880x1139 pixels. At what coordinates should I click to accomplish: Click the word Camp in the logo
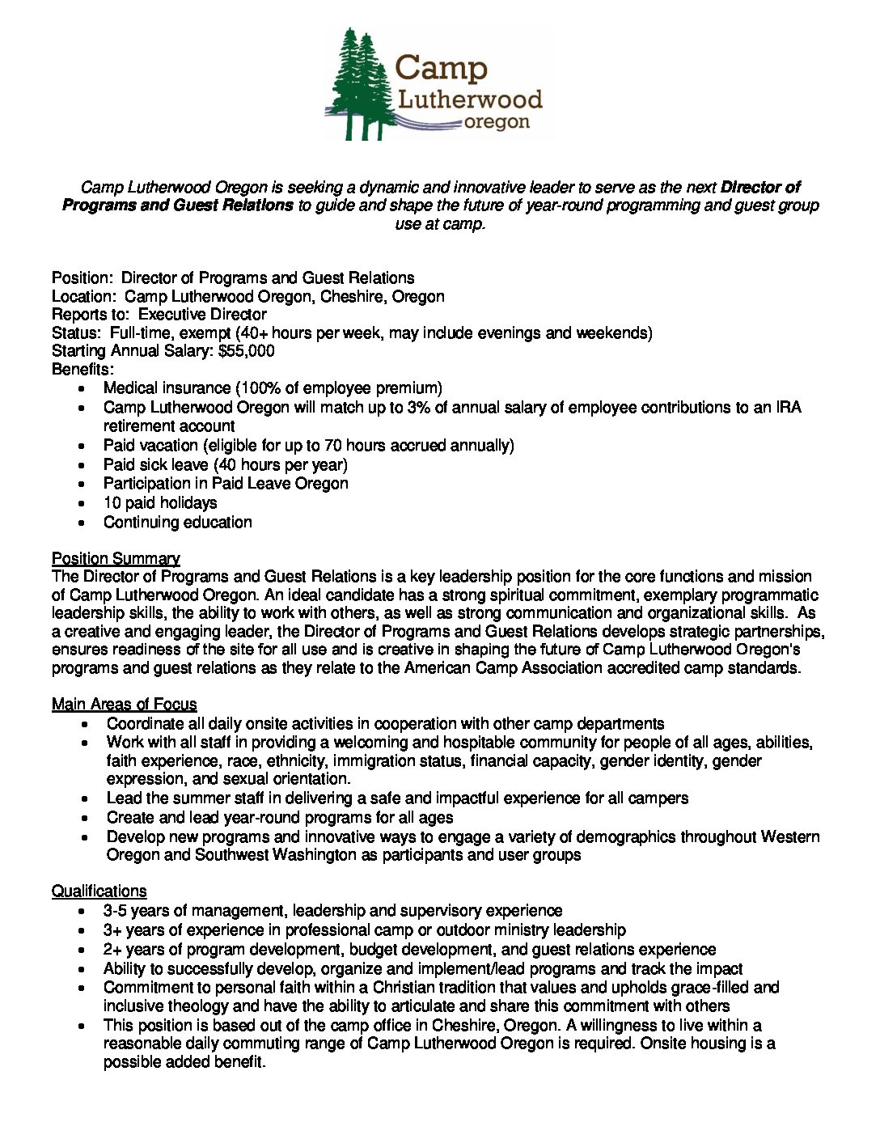[442, 67]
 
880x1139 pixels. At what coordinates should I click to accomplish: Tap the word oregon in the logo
[497, 122]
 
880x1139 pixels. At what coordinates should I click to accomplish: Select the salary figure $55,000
[247, 351]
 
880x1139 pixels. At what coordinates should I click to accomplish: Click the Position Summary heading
[116, 558]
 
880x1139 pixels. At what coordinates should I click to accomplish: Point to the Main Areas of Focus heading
[124, 704]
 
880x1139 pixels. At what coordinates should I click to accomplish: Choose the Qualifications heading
[99, 891]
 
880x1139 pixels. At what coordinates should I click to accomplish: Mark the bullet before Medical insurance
[83, 389]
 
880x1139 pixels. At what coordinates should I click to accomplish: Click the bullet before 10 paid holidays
[83, 504]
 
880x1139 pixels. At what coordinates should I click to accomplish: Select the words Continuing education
[177, 523]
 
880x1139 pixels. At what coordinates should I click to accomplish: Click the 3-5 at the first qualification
[115, 911]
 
